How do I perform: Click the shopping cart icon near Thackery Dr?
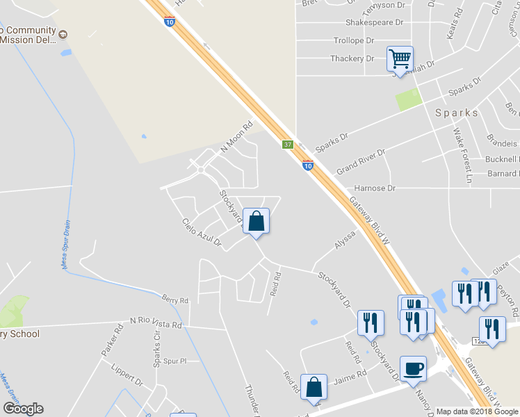(400, 58)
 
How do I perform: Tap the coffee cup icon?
(413, 368)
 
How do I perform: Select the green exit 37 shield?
(288, 145)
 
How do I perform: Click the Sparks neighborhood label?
(457, 113)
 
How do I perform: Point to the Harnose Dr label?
(375, 188)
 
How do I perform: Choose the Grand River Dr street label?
(361, 162)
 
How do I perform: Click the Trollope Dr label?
(354, 41)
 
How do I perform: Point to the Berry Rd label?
(175, 300)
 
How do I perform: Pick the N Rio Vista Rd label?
(156, 323)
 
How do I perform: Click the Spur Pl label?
(175, 361)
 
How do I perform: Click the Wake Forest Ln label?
(462, 152)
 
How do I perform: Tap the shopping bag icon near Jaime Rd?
(314, 386)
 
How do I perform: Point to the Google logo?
(23, 409)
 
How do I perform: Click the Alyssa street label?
(345, 240)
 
